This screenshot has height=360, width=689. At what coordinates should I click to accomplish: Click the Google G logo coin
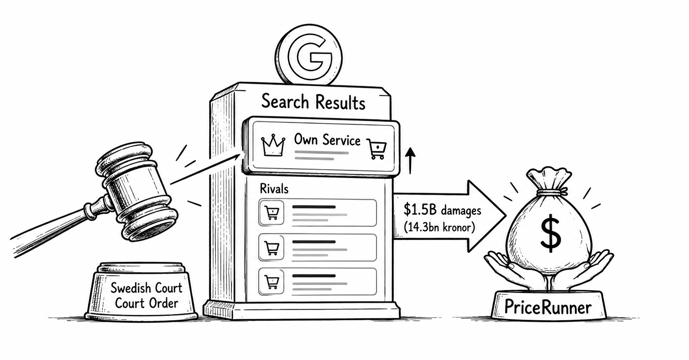coord(309,55)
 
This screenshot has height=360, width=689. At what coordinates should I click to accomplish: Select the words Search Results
coord(313,102)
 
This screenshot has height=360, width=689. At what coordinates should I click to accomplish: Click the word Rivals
coord(274,188)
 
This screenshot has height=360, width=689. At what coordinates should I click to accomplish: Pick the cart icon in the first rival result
coord(271,213)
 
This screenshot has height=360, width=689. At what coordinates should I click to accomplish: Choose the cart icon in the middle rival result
coord(271,248)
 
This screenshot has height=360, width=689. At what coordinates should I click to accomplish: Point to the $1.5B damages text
coord(442,209)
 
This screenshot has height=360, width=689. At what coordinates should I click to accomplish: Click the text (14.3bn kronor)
coord(439,228)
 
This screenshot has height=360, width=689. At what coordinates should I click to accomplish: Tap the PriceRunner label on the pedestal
coord(548,307)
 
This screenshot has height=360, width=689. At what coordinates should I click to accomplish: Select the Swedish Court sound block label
coord(147,295)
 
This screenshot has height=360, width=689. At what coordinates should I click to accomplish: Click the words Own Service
coord(327,140)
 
